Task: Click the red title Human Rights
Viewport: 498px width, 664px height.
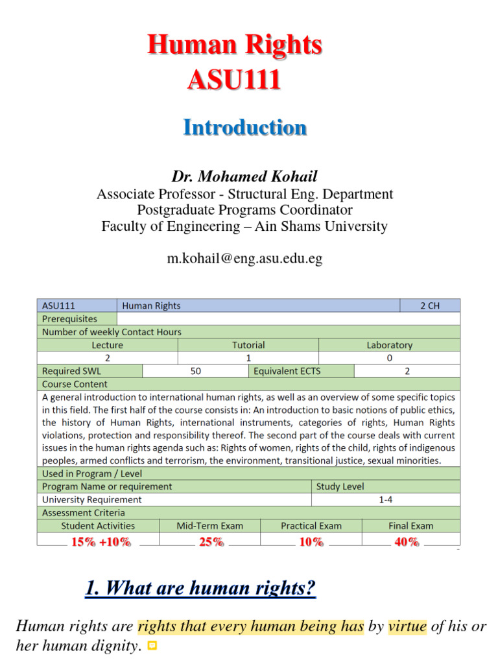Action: click(x=234, y=45)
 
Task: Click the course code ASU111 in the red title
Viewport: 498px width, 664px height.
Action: click(x=234, y=80)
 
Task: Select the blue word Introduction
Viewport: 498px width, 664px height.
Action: click(x=244, y=127)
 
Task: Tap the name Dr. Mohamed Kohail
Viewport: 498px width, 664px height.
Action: click(x=244, y=176)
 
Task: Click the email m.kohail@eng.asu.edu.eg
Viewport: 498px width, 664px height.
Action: click(x=244, y=259)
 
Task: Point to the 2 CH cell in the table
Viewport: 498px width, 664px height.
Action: click(x=430, y=305)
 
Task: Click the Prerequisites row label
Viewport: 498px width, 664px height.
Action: click(x=70, y=318)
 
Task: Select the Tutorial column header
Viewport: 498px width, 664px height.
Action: click(x=248, y=345)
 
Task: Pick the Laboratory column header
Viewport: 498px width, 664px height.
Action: click(x=389, y=345)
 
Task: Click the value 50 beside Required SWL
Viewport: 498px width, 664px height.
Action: click(x=195, y=371)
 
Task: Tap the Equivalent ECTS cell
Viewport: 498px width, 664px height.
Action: click(x=287, y=371)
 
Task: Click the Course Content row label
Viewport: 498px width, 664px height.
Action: click(x=75, y=384)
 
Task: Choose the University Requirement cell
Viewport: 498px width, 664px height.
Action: click(x=92, y=499)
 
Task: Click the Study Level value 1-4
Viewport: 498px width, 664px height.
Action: click(x=386, y=499)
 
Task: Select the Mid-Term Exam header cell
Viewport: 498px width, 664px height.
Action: click(x=210, y=526)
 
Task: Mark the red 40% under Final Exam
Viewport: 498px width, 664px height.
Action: click(x=406, y=542)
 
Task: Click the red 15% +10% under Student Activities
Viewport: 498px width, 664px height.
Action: click(x=101, y=542)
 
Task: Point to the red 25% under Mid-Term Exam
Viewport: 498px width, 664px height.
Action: click(x=211, y=542)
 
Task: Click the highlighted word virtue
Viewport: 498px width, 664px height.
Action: click(x=408, y=626)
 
